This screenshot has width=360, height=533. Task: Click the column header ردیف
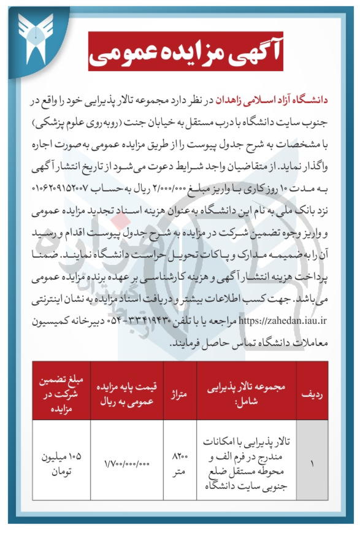[x=312, y=391]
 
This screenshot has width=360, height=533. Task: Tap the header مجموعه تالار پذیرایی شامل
[x=245, y=391]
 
